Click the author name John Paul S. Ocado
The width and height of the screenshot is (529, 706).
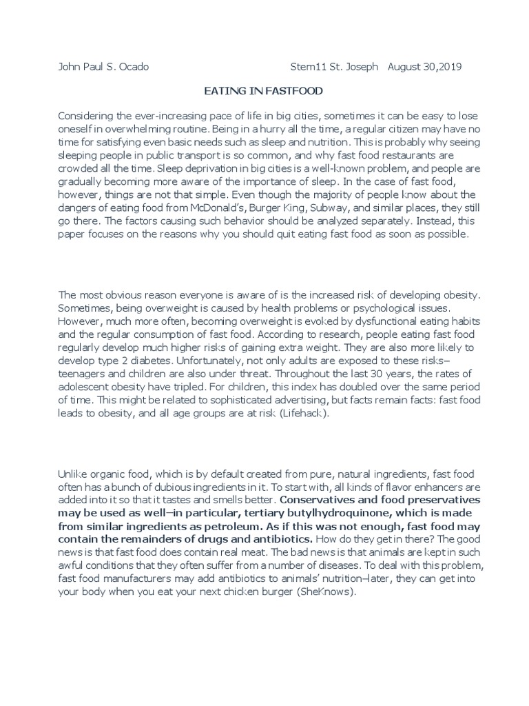pyautogui.click(x=103, y=67)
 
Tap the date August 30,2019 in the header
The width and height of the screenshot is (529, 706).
pyautogui.click(x=425, y=67)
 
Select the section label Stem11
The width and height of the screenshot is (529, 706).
pyautogui.click(x=306, y=67)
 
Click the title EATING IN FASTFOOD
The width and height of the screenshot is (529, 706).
pyautogui.click(x=264, y=91)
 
